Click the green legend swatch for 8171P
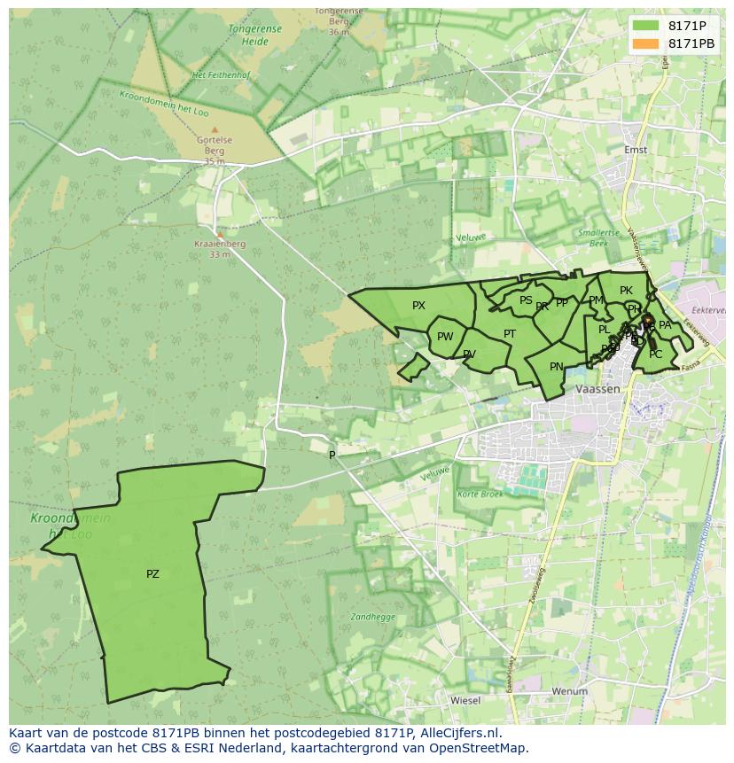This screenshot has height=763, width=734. [x=646, y=27]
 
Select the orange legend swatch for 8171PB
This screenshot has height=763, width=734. [x=646, y=43]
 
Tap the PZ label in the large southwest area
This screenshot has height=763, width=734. [x=152, y=574]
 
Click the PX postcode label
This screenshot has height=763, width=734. [x=419, y=306]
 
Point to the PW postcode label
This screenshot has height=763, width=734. [x=445, y=337]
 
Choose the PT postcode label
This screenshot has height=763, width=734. [x=510, y=334]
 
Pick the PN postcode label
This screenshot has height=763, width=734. [x=557, y=367]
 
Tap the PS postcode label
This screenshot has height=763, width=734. [x=526, y=301]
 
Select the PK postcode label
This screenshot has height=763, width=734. [x=626, y=291]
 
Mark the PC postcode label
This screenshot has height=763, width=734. [x=655, y=354]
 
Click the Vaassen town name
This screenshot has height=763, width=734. [x=597, y=390]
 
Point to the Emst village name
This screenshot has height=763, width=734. [x=636, y=150]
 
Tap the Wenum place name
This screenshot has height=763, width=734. [x=569, y=690]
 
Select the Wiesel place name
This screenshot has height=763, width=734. [x=465, y=700]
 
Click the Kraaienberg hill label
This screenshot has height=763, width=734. [x=220, y=244]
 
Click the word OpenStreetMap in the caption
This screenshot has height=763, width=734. [x=480, y=748]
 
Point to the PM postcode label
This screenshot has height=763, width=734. [x=596, y=301]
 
